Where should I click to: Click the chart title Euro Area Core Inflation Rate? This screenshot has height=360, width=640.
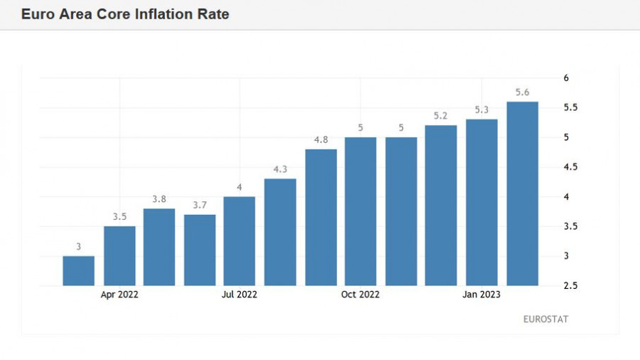[x=125, y=14]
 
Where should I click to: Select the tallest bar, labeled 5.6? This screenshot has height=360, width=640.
[x=522, y=194]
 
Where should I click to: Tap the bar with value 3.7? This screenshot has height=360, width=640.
[x=200, y=250]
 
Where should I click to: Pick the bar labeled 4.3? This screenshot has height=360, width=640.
[x=280, y=232]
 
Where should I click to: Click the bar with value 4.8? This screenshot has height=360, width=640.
[x=321, y=217]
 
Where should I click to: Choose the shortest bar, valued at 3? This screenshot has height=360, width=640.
[x=78, y=270]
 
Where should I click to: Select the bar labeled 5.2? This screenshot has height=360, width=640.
[x=441, y=205]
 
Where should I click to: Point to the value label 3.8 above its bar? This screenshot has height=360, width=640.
[x=159, y=199]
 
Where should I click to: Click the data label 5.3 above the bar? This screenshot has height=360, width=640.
[x=481, y=110]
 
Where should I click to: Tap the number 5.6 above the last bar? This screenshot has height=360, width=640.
[x=522, y=92]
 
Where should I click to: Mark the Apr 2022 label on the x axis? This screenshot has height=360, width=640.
[x=119, y=295]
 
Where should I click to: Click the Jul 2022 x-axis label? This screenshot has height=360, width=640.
[x=239, y=295]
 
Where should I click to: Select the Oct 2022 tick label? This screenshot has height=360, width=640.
[x=361, y=295]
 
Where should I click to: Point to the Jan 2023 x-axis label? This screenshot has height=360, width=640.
[x=481, y=295]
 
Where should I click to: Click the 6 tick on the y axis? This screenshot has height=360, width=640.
[x=566, y=78]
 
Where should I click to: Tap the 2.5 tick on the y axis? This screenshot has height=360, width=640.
[x=570, y=285]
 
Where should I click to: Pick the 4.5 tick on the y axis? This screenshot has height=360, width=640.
[x=570, y=167]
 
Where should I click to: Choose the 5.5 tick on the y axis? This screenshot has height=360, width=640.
[x=570, y=107]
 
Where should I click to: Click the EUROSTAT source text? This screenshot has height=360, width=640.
[x=545, y=319]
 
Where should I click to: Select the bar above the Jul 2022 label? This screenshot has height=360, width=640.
[x=240, y=240]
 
